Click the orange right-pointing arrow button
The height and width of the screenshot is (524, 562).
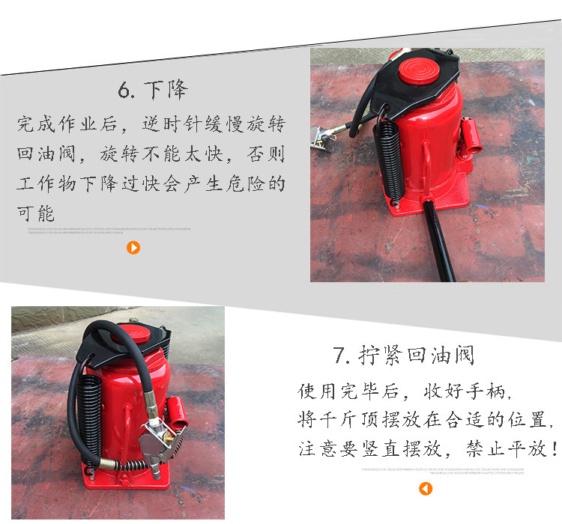click(133, 248)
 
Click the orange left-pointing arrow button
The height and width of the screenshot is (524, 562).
click(426, 489)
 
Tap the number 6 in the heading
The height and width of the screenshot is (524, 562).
click(125, 91)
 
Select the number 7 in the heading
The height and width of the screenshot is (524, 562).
click(341, 356)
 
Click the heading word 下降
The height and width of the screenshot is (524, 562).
click(167, 91)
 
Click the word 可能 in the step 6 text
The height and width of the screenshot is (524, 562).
click(35, 213)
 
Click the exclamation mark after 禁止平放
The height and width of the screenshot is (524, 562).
click(554, 449)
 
